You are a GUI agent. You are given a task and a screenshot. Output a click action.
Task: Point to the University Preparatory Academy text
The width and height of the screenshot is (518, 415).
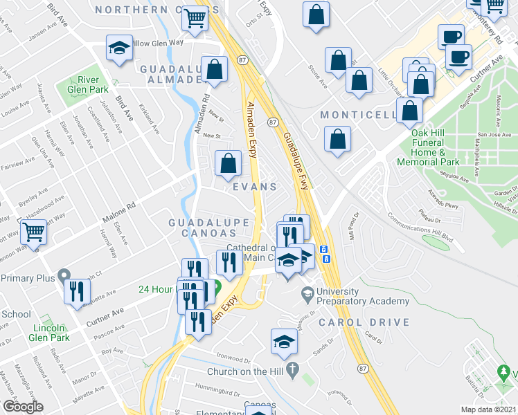[362, 296]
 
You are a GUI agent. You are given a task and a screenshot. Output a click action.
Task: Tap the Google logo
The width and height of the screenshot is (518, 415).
[23, 407]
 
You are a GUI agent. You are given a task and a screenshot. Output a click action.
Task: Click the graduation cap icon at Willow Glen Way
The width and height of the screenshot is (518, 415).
[118, 49]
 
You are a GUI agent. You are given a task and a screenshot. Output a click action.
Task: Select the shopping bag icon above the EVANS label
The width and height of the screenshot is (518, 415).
[228, 163]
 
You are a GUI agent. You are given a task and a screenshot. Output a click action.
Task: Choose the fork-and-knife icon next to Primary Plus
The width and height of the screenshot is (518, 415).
[76, 290]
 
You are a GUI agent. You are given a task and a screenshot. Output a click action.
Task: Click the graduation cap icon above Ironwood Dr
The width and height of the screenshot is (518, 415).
[283, 342]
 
